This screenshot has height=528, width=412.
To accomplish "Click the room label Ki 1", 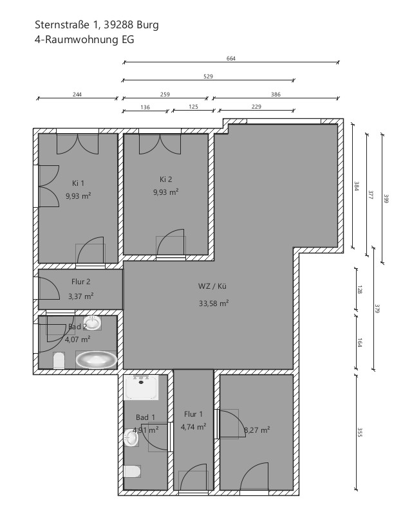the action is pos(78,183).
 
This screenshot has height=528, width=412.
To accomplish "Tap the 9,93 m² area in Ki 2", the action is pos(165,192).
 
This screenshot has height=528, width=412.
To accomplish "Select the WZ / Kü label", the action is pos(212,286).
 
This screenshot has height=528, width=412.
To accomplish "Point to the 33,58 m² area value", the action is pos(214,304).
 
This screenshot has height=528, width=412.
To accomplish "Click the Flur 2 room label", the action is pos(80,282).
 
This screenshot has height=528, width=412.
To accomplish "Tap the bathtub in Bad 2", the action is pos(96,360).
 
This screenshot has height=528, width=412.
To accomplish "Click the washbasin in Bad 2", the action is pos(92,323).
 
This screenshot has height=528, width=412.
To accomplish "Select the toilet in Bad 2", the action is pos(59,360).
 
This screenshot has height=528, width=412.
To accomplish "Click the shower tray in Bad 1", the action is pos(141,388).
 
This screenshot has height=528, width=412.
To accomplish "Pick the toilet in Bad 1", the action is pos(132,471).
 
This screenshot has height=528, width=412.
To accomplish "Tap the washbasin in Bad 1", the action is pos(131,438).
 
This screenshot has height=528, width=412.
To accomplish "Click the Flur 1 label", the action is pos(193,414).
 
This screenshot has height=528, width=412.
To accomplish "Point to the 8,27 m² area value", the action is pos(257,430).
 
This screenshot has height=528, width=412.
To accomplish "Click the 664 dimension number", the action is pos(231,59).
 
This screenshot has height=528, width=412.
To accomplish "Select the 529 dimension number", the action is pos(209,77).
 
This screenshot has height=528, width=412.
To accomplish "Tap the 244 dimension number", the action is pos(77,95).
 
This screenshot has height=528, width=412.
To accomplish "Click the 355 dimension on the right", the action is pos(359,432).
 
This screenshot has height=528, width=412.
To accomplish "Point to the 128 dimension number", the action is pos(359,289).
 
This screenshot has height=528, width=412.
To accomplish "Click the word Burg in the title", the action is pos(147,25).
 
